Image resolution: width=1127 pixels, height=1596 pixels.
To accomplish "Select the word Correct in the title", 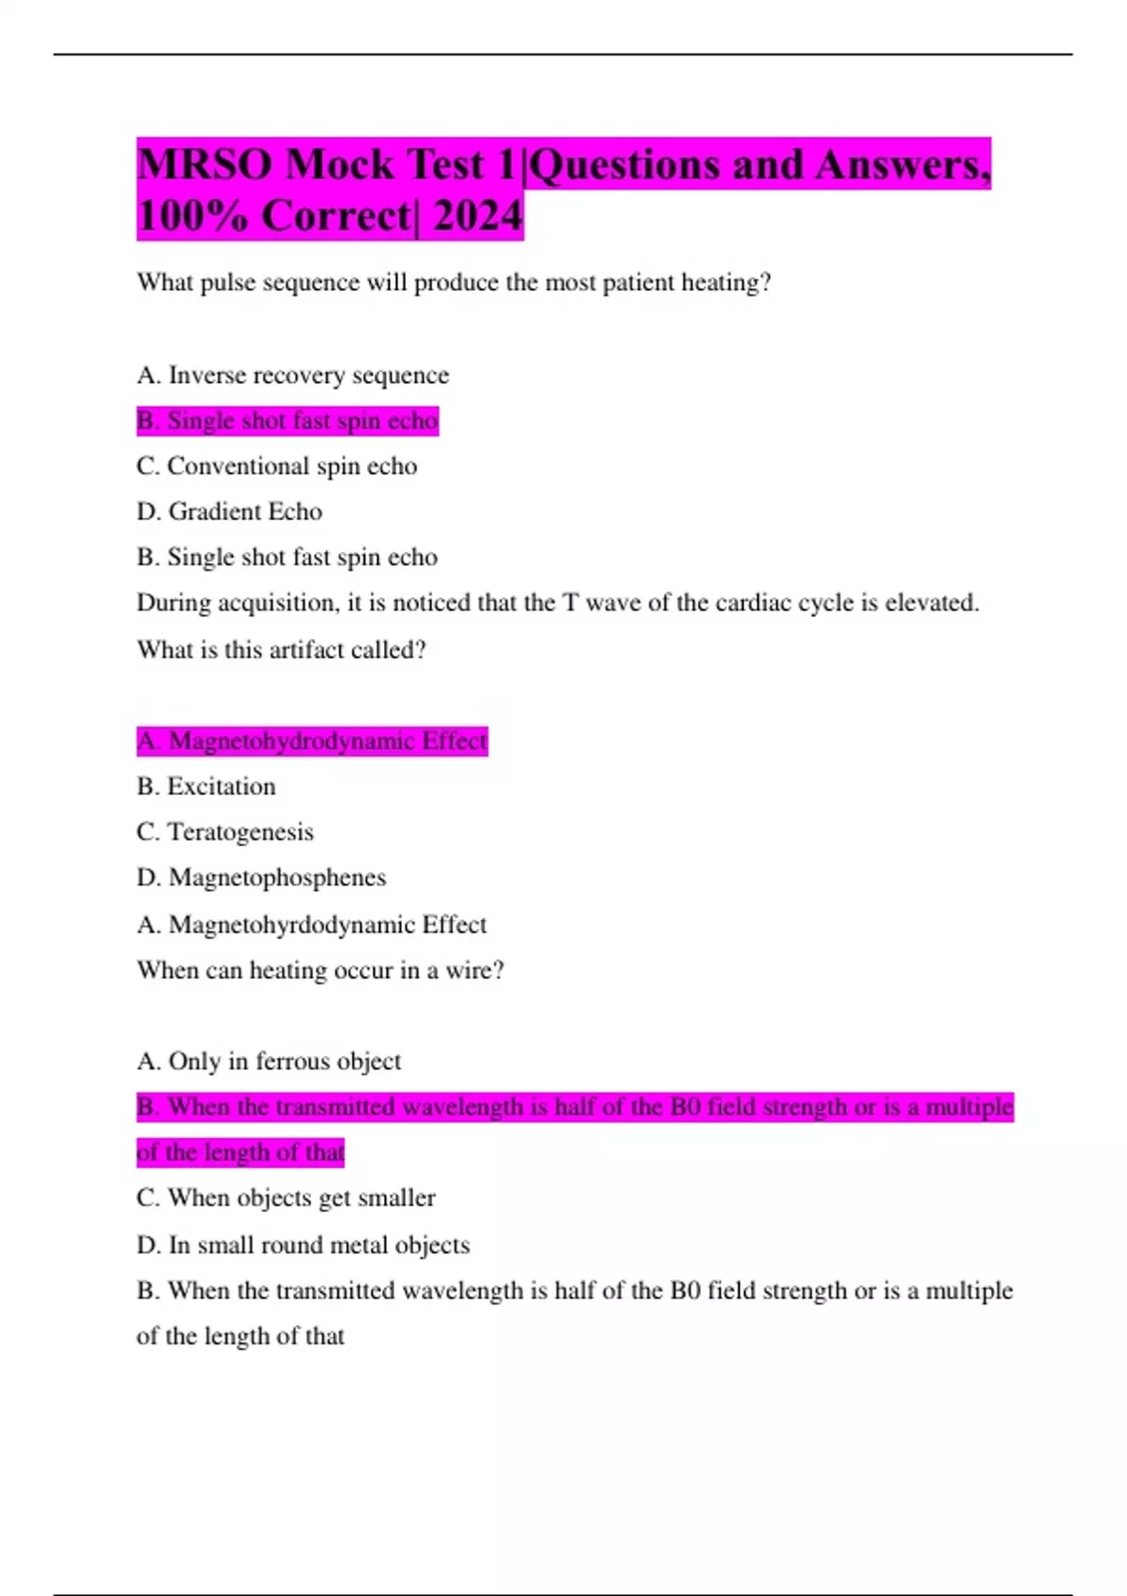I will [336, 216].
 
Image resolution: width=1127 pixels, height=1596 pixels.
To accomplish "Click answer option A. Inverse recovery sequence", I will [292, 376].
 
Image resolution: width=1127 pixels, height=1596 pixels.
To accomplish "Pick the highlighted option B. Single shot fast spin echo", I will [287, 421].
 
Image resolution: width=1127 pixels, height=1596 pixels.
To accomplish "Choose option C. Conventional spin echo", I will [276, 467].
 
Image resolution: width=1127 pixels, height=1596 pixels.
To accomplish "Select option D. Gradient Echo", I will [229, 512].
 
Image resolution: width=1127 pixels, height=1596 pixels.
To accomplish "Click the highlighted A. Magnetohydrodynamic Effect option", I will [312, 742].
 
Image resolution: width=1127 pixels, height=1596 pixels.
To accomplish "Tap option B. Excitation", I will [206, 787].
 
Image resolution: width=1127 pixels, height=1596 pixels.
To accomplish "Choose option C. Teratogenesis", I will [224, 832].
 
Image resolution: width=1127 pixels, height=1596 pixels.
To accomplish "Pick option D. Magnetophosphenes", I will [261, 878].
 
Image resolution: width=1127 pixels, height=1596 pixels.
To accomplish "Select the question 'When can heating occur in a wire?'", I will [320, 970].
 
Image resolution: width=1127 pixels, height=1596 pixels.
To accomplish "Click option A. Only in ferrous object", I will [269, 1062].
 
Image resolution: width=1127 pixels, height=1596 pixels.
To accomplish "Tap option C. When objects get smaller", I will [286, 1198].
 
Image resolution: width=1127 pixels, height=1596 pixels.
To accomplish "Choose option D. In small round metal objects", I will [302, 1245].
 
